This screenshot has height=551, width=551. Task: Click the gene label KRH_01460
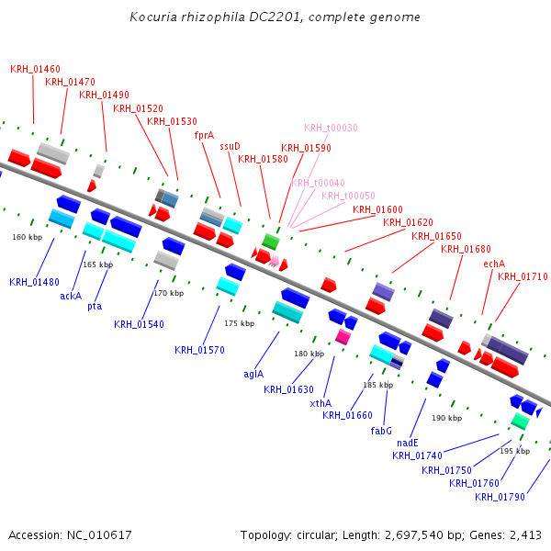pos(36,69)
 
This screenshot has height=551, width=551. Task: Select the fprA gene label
pos(204,135)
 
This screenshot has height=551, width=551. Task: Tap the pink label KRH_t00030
pos(331,128)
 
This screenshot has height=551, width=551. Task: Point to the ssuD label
pos(230,146)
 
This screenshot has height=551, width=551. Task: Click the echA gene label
pos(494,264)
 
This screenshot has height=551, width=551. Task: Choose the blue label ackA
pos(71,296)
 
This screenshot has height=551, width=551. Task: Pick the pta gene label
pos(95,306)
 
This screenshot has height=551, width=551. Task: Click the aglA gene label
pos(253,374)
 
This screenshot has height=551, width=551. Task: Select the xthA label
pos(320,403)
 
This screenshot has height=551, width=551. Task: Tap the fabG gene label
pos(381,430)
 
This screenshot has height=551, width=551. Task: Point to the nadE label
pos(408,443)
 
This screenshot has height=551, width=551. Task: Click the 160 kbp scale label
pos(27,237)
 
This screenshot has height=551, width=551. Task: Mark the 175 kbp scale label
pos(239,323)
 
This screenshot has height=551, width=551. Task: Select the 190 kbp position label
pos(446,418)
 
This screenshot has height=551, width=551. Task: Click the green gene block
pos(270,242)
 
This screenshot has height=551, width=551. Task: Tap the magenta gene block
pos(343,337)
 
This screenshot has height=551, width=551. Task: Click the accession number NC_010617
pos(99,534)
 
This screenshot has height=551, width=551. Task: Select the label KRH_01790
pos(500,497)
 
